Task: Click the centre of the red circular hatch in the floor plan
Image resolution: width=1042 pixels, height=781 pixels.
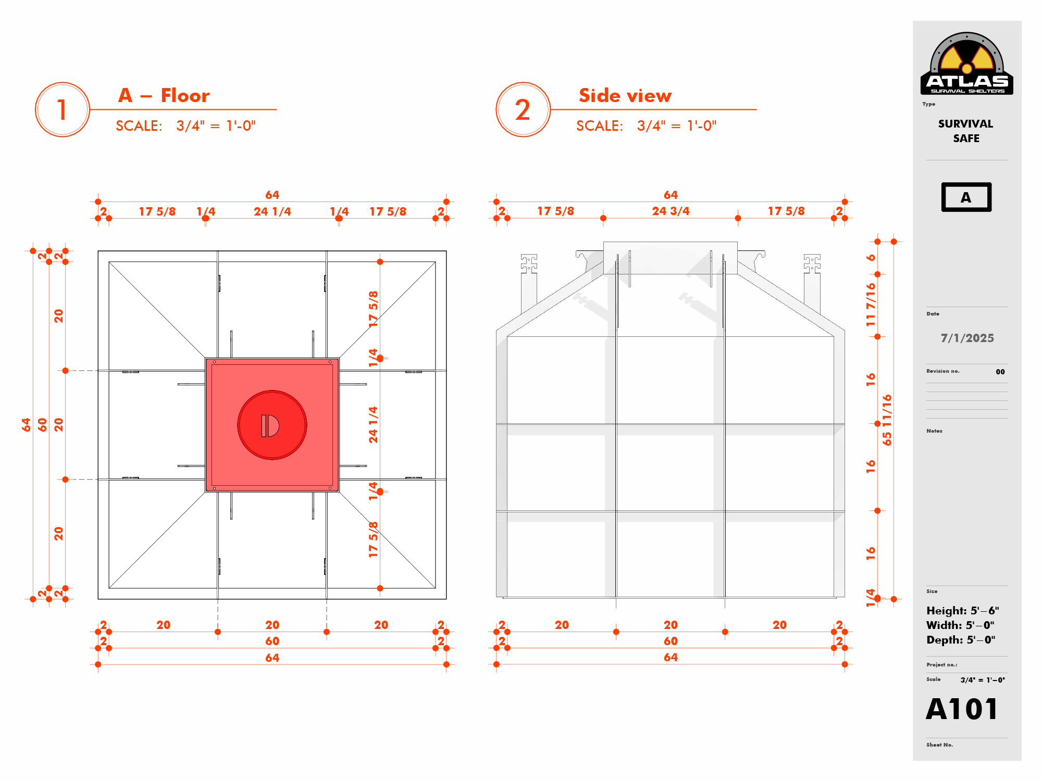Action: pyautogui.click(x=272, y=425)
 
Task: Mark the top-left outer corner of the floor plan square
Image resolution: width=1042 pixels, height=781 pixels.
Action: pyautogui.click(x=98, y=251)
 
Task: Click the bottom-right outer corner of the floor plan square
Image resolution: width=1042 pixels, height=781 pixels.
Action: pyautogui.click(x=446, y=599)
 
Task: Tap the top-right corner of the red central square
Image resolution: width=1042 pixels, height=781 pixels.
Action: pyautogui.click(x=339, y=358)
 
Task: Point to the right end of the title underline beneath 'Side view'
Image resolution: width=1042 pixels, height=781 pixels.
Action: pyautogui.click(x=756, y=109)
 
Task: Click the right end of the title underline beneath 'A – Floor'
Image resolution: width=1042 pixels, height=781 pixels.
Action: pyautogui.click(x=277, y=109)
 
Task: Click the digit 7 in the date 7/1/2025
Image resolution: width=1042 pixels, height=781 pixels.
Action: pyautogui.click(x=944, y=338)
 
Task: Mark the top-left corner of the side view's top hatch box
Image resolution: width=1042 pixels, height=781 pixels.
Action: pyautogui.click(x=603, y=242)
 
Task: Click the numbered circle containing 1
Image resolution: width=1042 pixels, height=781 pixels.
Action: pyautogui.click(x=63, y=109)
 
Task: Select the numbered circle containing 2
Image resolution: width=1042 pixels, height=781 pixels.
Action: pyautogui.click(x=523, y=109)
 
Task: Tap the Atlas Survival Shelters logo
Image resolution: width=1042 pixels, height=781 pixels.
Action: pyautogui.click(x=967, y=64)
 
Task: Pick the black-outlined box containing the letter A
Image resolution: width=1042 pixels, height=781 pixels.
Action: pyautogui.click(x=966, y=197)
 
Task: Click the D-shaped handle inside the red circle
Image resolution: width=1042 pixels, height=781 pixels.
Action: pyautogui.click(x=270, y=425)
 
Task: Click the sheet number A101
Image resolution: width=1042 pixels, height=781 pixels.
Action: pyautogui.click(x=962, y=709)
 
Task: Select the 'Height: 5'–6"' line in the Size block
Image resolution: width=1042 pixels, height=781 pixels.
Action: pyautogui.click(x=962, y=611)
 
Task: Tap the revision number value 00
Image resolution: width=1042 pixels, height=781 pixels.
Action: pyautogui.click(x=1000, y=372)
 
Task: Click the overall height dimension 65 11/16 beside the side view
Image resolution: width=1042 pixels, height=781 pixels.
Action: pyautogui.click(x=887, y=420)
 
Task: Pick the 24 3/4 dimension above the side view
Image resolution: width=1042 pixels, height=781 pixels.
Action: pyautogui.click(x=671, y=211)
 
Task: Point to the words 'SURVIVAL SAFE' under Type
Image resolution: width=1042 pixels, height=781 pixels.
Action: pyautogui.click(x=966, y=131)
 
